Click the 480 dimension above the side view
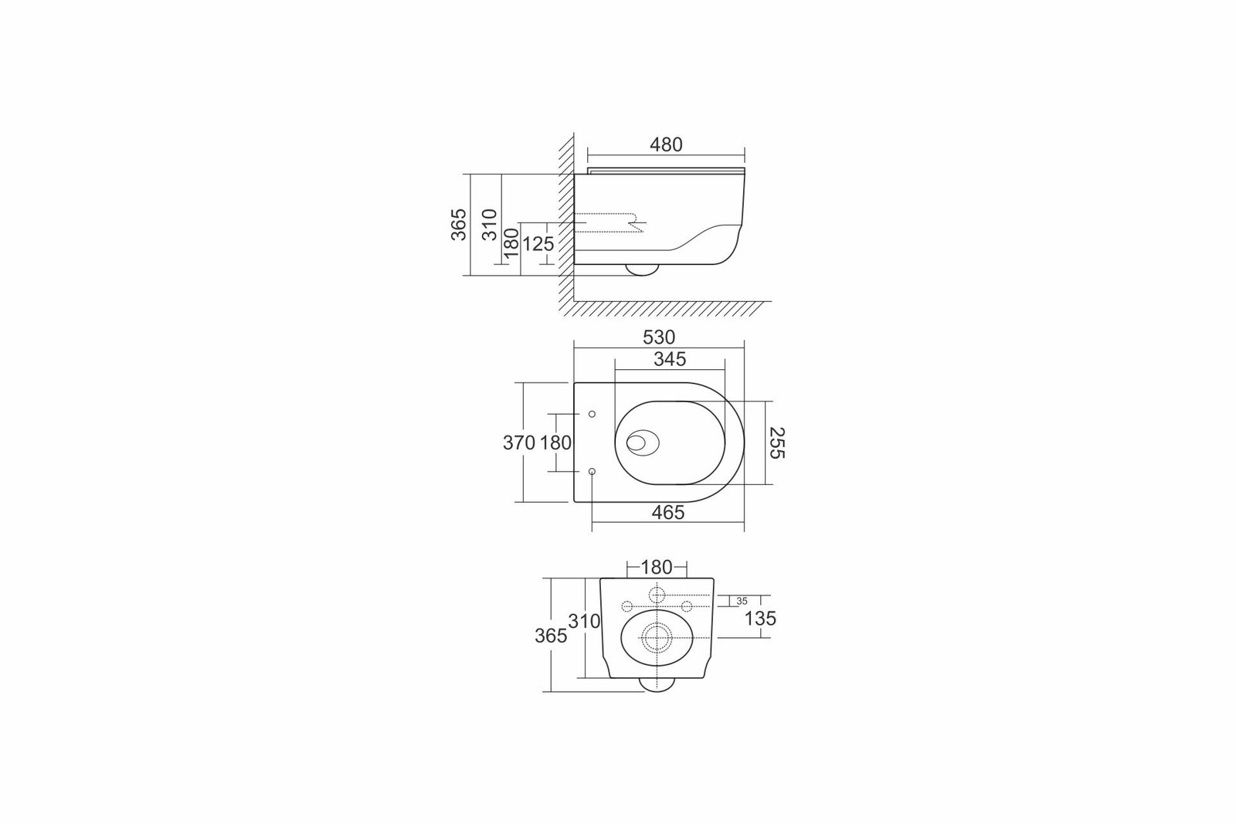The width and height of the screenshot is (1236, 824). pos(666,144)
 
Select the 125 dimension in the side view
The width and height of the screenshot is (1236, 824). pos(538,243)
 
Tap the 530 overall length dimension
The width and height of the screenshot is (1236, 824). pos(659,337)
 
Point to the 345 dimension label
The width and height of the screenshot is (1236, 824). pos(670,359)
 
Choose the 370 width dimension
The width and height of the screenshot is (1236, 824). pos(518,443)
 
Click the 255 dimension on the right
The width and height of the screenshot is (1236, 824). pos(776,443)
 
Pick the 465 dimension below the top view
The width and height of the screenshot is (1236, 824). pos(668,512)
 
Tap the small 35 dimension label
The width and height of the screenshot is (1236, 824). pos(742,601)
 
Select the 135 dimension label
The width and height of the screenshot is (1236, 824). pos(760,619)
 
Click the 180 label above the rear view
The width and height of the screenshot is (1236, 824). pos(657,567)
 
